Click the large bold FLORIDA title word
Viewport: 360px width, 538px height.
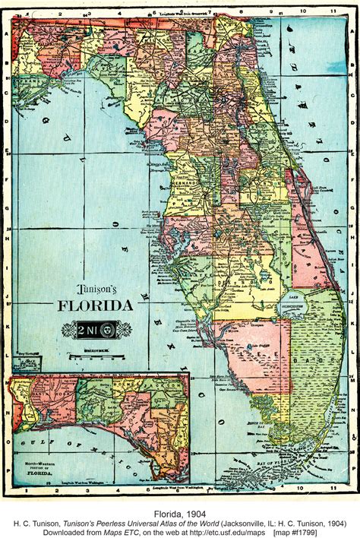tap(96, 306)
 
